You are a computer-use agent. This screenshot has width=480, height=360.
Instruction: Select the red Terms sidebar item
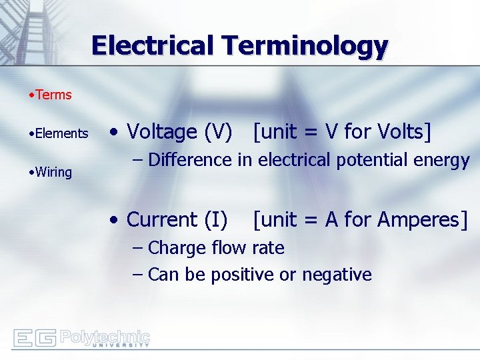[x=53, y=95]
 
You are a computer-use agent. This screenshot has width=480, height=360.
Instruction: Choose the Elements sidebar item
[x=61, y=133]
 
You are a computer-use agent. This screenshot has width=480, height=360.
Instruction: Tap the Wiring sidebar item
[x=53, y=172]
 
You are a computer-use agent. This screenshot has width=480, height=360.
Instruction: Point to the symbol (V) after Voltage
[x=219, y=132]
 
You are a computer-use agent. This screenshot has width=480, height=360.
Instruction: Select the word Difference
[x=189, y=160]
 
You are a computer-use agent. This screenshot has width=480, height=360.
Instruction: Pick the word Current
[x=162, y=219]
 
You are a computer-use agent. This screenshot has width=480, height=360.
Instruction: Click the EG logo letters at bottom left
[x=34, y=339]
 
